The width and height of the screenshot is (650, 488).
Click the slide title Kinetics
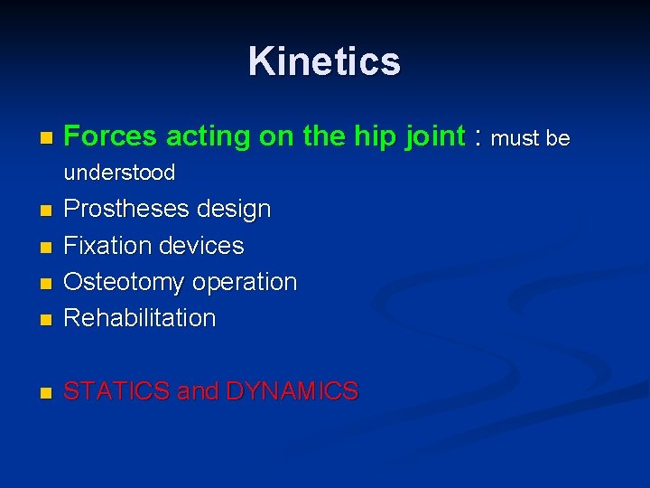(x=324, y=61)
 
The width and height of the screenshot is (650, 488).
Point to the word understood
(x=120, y=172)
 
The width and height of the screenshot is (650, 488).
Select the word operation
(x=243, y=282)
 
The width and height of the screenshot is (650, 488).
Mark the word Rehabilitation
(x=140, y=317)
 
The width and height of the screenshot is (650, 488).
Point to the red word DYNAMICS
(x=292, y=391)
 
